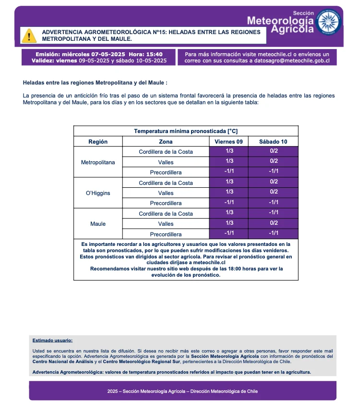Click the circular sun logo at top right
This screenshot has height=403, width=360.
pyautogui.click(x=329, y=22)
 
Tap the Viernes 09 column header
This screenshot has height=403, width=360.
pyautogui.click(x=229, y=142)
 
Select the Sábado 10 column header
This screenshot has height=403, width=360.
pyautogui.click(x=274, y=142)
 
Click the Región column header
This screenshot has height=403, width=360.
pyautogui.click(x=98, y=142)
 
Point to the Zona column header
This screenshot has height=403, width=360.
pyautogui.click(x=166, y=142)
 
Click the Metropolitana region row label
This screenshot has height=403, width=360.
pyautogui.click(x=98, y=162)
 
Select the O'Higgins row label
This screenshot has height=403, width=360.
pyautogui.click(x=98, y=193)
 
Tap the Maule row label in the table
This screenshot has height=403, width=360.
pyautogui.click(x=98, y=224)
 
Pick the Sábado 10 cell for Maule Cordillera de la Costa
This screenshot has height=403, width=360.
pyautogui.click(x=274, y=214)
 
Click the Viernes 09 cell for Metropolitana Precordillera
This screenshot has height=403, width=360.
pyautogui.click(x=229, y=172)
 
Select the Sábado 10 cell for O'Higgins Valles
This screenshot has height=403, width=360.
pyautogui.click(x=274, y=193)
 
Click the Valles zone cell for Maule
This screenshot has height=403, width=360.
pyautogui.click(x=166, y=224)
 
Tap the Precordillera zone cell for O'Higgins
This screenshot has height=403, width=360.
pyautogui.click(x=166, y=204)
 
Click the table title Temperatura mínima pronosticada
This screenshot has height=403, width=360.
pyautogui.click(x=186, y=131)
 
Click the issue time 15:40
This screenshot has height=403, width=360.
pyautogui.click(x=153, y=54)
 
